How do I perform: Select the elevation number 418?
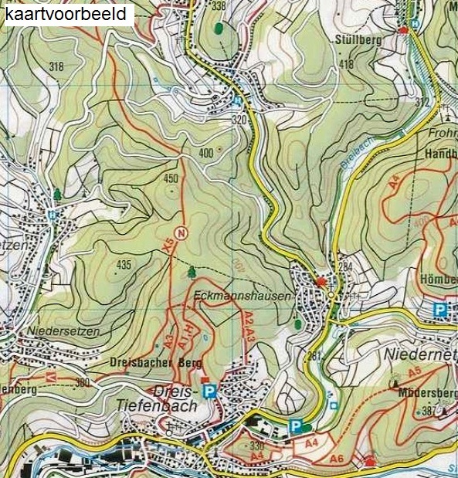(346, 64)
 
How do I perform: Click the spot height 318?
(56, 67)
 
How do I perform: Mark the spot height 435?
(123, 265)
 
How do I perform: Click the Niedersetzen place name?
(63, 331)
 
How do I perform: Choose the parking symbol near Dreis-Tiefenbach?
(208, 392)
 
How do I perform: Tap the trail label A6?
(336, 459)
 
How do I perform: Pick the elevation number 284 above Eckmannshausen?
(345, 267)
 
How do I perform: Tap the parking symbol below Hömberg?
(440, 310)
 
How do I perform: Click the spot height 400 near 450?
(205, 154)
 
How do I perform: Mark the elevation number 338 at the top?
(219, 6)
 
